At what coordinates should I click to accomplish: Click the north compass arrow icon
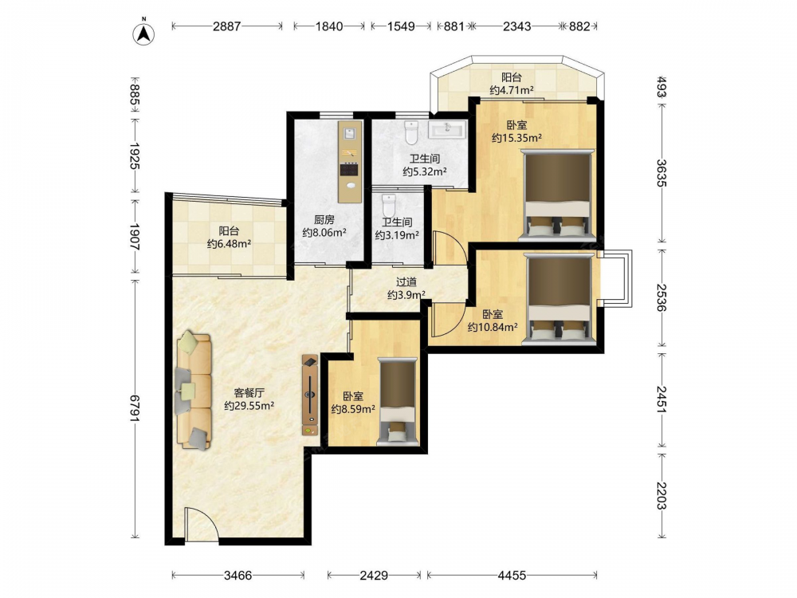tap(143, 33)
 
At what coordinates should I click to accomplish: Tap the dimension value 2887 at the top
tap(226, 26)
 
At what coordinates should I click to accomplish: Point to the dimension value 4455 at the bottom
tap(512, 575)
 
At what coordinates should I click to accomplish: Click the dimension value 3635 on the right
tap(661, 173)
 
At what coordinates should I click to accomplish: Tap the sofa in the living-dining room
tap(194, 391)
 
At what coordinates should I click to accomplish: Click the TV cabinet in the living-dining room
tap(310, 395)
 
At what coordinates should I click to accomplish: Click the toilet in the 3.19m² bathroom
tap(388, 205)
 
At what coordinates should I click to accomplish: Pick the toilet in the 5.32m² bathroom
tap(410, 132)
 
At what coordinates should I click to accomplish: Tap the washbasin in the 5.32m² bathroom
tap(447, 129)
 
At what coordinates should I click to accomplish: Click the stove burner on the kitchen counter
tap(350, 169)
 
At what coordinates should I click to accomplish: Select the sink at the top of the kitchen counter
tap(350, 134)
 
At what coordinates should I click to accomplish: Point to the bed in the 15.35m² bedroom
tap(558, 195)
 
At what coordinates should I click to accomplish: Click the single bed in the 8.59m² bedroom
tap(398, 402)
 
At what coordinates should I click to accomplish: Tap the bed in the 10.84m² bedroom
tap(559, 298)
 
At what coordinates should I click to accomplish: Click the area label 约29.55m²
tap(249, 406)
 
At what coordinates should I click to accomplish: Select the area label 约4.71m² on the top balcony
tap(512, 91)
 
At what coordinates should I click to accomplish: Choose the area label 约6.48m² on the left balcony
tap(230, 243)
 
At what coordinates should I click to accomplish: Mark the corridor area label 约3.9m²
tap(406, 294)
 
